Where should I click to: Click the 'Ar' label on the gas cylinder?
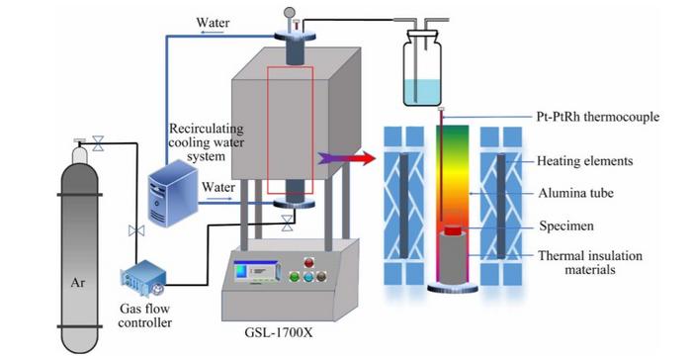tap(78, 283)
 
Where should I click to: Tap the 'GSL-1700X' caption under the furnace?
tap(279, 332)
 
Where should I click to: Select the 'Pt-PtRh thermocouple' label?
tap(598, 117)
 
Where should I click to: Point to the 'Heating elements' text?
tap(585, 161)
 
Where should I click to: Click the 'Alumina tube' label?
tap(575, 193)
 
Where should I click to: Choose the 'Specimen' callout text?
tap(566, 226)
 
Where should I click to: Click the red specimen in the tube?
tap(453, 230)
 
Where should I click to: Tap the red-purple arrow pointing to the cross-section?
tap(346, 158)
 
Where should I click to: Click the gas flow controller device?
tap(143, 278)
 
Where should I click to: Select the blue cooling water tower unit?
tap(173, 194)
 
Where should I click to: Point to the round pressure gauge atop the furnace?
tap(290, 13)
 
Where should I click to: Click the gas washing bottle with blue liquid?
tap(422, 67)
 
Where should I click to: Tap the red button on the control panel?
tap(308, 263)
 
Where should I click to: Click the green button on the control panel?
tap(294, 277)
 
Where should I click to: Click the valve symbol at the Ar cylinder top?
tap(98, 143)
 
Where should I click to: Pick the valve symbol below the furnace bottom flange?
tap(288, 224)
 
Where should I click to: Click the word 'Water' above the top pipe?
tap(213, 23)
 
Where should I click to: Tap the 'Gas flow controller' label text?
tap(144, 315)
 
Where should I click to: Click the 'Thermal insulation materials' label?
tap(590, 262)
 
